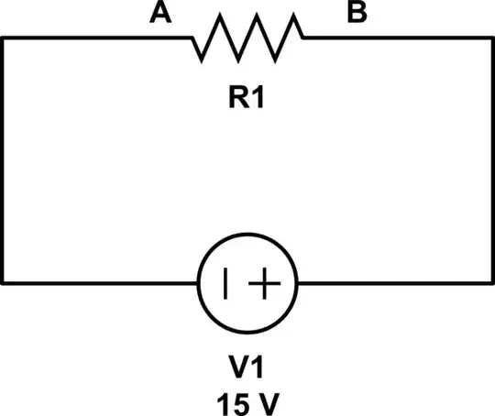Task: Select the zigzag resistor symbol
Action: pyautogui.click(x=247, y=38)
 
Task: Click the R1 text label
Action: pyautogui.click(x=247, y=96)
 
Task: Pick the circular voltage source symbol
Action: pyautogui.click(x=247, y=284)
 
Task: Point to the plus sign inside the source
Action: pyautogui.click(x=264, y=284)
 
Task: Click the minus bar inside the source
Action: pyautogui.click(x=226, y=284)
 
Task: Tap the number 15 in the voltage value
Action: pyautogui.click(x=232, y=400)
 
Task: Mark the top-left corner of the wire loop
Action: pyautogui.click(x=3, y=38)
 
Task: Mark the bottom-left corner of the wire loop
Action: pyautogui.click(x=3, y=283)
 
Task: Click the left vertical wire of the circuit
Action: pyautogui.click(x=3, y=160)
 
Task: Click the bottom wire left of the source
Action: pyautogui.click(x=101, y=283)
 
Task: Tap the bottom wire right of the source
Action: pyautogui.click(x=394, y=283)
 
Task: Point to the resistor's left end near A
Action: pyautogui.click(x=193, y=38)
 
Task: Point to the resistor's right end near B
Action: pyautogui.click(x=302, y=38)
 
